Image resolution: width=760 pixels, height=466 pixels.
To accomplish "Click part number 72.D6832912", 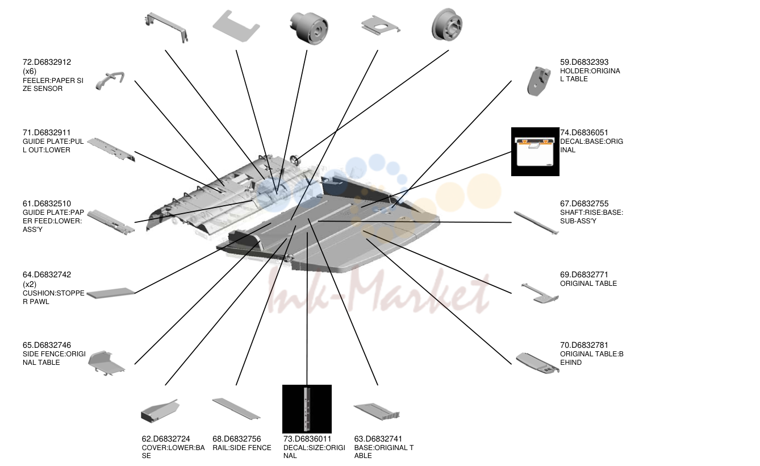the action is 47,62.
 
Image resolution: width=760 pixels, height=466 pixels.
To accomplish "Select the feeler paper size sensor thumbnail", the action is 110,81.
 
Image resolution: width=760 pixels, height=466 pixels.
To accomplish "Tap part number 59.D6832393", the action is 584,62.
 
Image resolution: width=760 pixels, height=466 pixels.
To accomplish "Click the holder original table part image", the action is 539,81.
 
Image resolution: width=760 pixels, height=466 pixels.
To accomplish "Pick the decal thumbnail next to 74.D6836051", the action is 535,152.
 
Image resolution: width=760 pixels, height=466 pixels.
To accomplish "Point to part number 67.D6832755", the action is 584,203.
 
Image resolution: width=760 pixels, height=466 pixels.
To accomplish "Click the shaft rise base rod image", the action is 536,223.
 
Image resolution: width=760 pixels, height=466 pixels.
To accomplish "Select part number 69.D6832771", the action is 584,274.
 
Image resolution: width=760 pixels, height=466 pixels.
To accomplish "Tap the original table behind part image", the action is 538,363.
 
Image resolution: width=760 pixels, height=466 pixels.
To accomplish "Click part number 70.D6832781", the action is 584,345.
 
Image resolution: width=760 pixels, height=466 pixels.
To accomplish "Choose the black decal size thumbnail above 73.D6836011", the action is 307,409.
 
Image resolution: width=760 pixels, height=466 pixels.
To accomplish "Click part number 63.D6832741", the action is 378,439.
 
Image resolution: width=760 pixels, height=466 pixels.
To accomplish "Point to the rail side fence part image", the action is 236,409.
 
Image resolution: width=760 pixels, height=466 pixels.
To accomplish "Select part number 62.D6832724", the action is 166,439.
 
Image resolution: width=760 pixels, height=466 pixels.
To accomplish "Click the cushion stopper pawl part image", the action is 111,293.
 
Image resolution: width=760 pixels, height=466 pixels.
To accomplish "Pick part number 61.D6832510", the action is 47,203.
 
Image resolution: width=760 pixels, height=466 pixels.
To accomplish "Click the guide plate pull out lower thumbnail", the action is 111,149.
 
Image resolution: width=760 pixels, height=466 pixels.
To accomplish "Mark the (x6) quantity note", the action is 30,71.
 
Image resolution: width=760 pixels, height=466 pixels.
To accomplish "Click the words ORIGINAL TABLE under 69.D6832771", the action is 588,284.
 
